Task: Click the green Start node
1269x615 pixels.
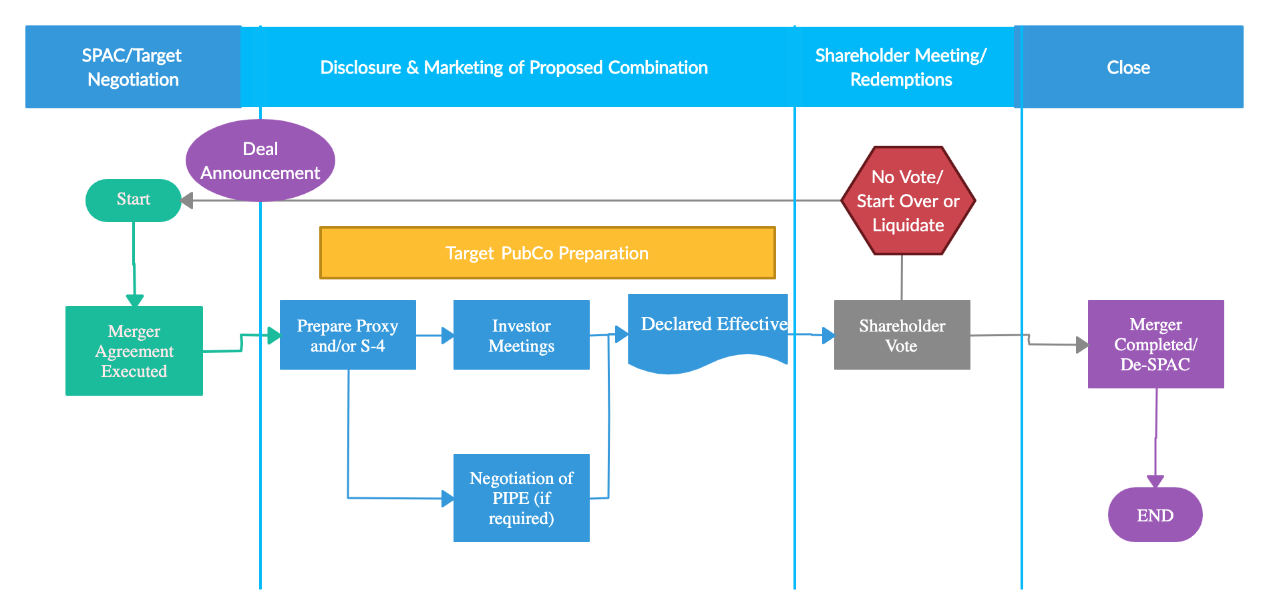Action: pos(134,200)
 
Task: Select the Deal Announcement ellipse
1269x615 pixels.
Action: pos(260,160)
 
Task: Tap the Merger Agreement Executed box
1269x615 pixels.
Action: pos(134,351)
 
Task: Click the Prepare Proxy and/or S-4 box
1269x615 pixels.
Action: pos(348,335)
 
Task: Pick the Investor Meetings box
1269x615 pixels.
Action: pos(522,335)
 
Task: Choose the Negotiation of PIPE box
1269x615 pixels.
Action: pos(522,498)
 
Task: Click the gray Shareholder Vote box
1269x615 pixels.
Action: pos(902,335)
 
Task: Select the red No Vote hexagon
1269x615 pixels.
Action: pos(908,201)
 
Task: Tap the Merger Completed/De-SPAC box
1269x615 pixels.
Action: pos(1156,344)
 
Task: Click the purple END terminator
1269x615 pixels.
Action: pos(1155,515)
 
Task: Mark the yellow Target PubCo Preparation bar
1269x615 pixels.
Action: pos(548,253)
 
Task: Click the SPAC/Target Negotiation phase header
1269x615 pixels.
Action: pos(133,67)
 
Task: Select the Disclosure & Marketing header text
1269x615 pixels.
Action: pos(514,68)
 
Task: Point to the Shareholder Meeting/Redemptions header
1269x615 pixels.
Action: pos(901,67)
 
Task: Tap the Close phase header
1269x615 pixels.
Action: pos(1129,67)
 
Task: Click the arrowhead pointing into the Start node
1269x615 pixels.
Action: pos(187,201)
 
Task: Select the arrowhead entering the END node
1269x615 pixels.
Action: pos(1155,481)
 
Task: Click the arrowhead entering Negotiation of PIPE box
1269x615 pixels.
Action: pos(447,499)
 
